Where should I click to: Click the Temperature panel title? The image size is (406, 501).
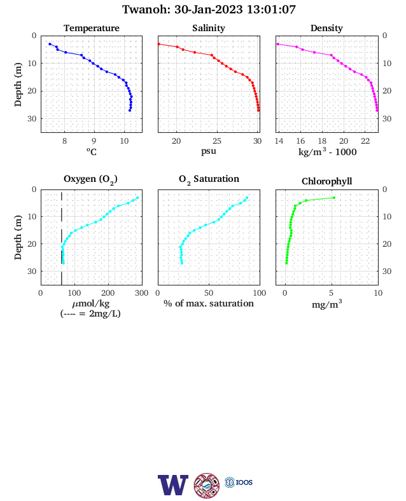click(x=92, y=28)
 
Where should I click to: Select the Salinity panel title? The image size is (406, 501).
click(x=209, y=28)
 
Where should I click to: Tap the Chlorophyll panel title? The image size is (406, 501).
click(x=326, y=181)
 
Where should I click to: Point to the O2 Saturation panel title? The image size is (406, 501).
click(x=209, y=179)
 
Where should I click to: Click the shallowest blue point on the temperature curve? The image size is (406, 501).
click(x=50, y=44)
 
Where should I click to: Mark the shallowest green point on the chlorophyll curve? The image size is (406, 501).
click(x=334, y=198)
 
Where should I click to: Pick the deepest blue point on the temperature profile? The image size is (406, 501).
click(x=130, y=111)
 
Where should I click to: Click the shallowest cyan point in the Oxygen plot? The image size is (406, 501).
click(x=137, y=198)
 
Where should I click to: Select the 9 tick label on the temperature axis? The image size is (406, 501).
click(x=94, y=141)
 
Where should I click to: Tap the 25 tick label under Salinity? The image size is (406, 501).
click(x=217, y=141)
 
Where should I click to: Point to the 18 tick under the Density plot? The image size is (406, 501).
click(x=322, y=141)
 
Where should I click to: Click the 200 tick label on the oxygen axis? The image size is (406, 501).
click(x=108, y=293)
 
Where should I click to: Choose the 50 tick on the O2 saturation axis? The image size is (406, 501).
click(x=209, y=293)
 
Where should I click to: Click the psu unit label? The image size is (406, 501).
click(x=209, y=151)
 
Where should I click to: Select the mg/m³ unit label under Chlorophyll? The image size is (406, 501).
click(x=326, y=304)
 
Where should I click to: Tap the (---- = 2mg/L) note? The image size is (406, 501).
click(x=90, y=313)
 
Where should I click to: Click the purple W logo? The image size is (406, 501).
click(x=173, y=485)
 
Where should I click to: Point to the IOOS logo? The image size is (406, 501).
click(x=239, y=482)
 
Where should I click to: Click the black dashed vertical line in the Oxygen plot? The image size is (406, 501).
click(x=61, y=237)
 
